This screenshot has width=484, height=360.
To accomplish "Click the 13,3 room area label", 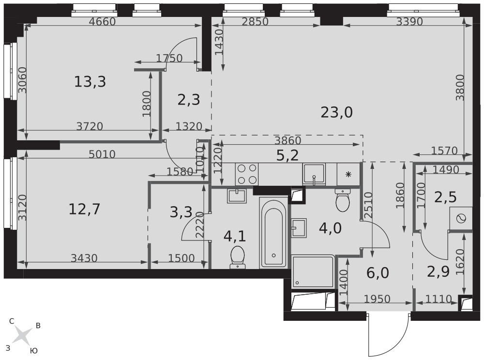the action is pos(90,82).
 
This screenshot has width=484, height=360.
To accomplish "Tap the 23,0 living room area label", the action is pos(336,112).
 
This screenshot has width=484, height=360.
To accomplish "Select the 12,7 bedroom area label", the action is pos(84,210).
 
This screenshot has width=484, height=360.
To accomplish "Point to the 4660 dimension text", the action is pos(102,22).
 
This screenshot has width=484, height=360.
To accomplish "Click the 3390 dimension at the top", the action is pos(409,22).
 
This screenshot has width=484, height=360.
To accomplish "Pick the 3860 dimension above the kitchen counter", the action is pos(287,141).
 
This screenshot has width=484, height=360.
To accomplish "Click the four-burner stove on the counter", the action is pos(247,174).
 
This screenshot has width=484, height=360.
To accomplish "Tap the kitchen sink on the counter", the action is pos(314,174).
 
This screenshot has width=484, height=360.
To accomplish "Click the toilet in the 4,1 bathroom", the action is pos(237,257).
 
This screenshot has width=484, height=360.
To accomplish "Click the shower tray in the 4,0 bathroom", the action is pos(313,271).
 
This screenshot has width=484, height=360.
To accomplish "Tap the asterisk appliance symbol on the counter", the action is pos(348,175).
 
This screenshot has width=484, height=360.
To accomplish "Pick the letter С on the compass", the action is pos(12,321).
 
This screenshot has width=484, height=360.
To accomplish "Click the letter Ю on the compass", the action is pos(34,351).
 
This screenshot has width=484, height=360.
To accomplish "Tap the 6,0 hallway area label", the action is pos(378,273).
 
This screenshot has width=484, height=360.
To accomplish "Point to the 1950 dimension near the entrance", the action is pos(377,299).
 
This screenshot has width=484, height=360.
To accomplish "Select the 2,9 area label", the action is pos(439,271).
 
